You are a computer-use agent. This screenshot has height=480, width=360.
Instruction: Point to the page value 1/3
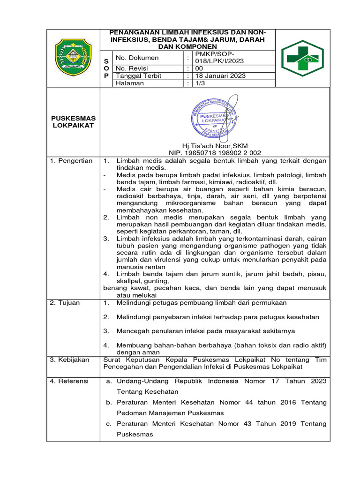tap(200, 83)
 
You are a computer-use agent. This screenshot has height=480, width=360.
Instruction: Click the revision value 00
tap(199, 68)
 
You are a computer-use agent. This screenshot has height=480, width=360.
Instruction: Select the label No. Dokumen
tap(137, 58)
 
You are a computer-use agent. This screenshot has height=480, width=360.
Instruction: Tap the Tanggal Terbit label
tap(141, 76)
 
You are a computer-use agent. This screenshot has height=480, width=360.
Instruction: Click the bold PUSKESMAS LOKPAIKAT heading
tap(73, 122)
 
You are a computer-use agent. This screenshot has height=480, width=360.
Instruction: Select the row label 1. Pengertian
tap(71, 161)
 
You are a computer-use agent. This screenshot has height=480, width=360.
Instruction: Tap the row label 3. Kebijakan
tap(69, 360)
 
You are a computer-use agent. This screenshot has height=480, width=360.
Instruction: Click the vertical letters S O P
tap(106, 68)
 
